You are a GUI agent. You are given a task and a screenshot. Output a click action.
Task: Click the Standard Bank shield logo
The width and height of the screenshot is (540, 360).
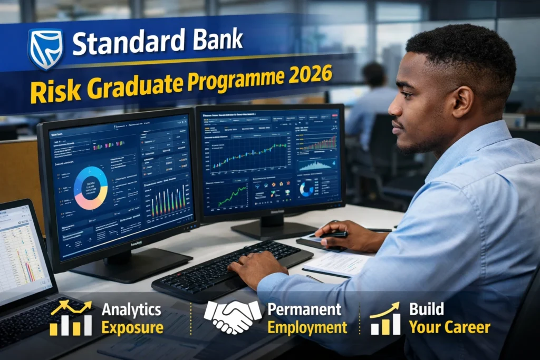(45, 49)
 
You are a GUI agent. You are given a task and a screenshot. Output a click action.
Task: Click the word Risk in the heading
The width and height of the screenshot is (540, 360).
(49, 92)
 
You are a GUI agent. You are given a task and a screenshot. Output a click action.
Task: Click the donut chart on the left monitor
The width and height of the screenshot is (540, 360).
(91, 188)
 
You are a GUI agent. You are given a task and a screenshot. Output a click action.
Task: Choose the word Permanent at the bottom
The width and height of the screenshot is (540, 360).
(304, 309)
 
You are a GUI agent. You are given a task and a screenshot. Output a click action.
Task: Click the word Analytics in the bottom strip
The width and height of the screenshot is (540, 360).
(132, 309)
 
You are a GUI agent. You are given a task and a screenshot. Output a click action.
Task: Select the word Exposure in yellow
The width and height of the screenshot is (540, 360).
(132, 328)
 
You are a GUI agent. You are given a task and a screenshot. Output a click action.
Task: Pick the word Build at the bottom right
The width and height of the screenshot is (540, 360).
(427, 309)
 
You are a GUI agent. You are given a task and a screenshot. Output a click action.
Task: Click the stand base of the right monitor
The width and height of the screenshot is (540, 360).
(274, 229)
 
